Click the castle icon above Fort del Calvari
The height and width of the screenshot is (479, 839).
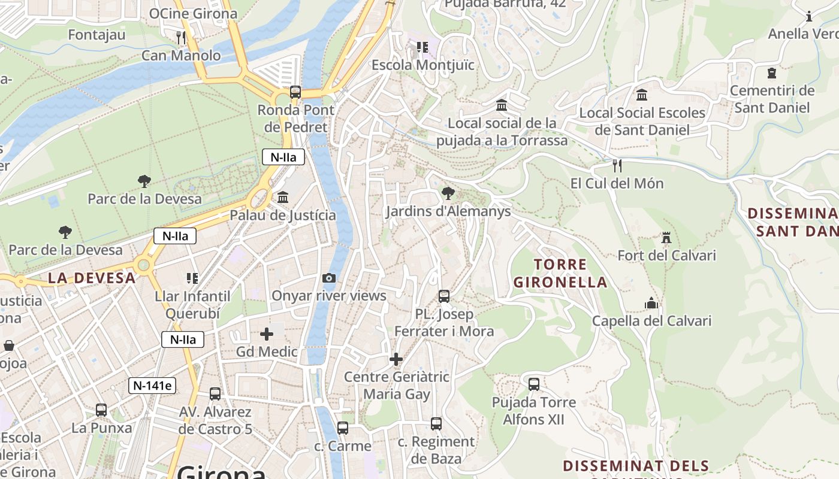[666, 238]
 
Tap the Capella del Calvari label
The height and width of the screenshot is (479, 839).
[651, 321]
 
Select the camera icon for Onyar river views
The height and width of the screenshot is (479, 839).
[328, 278]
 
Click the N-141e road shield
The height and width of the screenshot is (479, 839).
[152, 386]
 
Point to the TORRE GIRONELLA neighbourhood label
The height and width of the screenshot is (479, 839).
[560, 273]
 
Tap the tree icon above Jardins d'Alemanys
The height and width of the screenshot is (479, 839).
[447, 193]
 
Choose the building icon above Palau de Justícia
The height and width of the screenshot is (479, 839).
[282, 197]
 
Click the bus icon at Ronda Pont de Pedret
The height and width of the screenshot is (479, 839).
[295, 92]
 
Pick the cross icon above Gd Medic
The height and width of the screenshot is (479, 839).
[267, 334]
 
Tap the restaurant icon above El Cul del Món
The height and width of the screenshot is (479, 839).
[617, 165]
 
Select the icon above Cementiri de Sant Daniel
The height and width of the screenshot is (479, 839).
[772, 73]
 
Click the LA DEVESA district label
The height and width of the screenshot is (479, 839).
[92, 278]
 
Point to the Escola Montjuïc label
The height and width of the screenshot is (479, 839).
[423, 65]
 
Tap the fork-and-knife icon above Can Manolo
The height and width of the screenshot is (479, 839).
[181, 38]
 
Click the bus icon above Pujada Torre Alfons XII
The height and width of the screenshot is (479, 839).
[533, 384]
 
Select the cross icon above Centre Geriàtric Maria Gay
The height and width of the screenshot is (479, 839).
[396, 359]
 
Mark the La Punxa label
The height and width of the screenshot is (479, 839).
[101, 428]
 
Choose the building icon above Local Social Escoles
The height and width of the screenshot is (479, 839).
[642, 95]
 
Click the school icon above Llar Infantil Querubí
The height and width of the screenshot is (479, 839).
[192, 278]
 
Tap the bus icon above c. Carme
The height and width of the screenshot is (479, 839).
[342, 428]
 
